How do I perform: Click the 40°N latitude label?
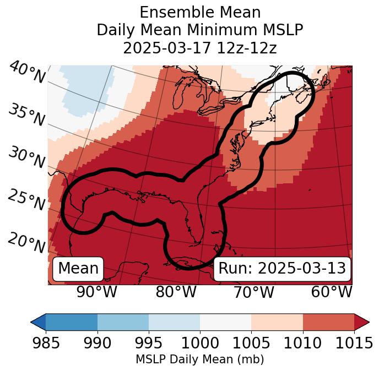(x=27, y=73)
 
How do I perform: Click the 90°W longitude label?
(x=97, y=292)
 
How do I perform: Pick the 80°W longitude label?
(x=176, y=292)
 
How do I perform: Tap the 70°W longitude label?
(x=253, y=292)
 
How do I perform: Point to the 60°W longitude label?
(x=332, y=292)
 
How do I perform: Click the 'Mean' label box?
(x=78, y=269)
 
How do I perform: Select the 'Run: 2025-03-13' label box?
(x=282, y=269)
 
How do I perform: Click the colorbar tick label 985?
(x=46, y=343)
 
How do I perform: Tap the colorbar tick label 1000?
(x=200, y=343)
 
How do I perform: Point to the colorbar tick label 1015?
(x=354, y=343)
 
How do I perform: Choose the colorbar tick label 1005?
(x=251, y=343)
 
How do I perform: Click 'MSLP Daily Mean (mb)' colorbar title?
(x=200, y=360)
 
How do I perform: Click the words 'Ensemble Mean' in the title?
(x=200, y=12)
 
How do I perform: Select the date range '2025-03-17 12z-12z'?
(x=200, y=48)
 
